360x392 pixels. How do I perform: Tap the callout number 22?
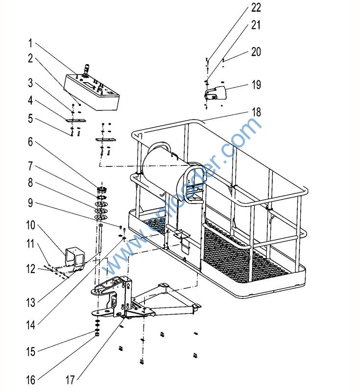[x=256, y=8]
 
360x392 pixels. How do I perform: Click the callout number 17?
[x=71, y=380]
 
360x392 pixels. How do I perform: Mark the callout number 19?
[x=256, y=85]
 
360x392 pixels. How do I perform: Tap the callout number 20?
[x=256, y=51]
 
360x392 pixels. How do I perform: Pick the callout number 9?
[x=30, y=201]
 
